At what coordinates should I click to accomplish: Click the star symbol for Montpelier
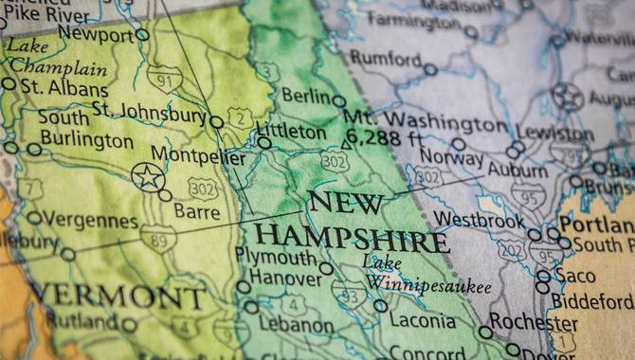coord(147,176)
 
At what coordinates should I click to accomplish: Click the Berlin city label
coord(307,97)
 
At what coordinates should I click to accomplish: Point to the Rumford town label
coord(385,58)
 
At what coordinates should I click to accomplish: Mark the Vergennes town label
coord(91,221)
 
